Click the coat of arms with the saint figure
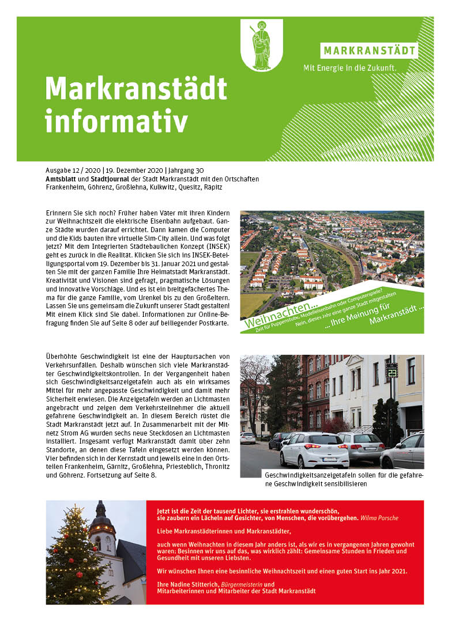[261, 44]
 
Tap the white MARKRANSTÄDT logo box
[369, 50]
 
